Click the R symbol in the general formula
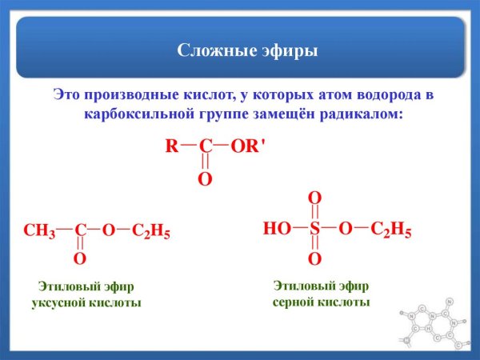[x=171, y=146]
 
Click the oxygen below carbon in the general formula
[x=205, y=179]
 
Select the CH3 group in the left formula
[x=39, y=231]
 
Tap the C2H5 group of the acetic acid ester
[x=151, y=231]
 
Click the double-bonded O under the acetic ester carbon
[x=80, y=259]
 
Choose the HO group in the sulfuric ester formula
[x=277, y=230]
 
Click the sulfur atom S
[x=315, y=230]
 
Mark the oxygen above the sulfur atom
[x=315, y=198]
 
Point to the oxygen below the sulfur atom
[x=315, y=259]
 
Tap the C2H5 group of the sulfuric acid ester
[x=391, y=230]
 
